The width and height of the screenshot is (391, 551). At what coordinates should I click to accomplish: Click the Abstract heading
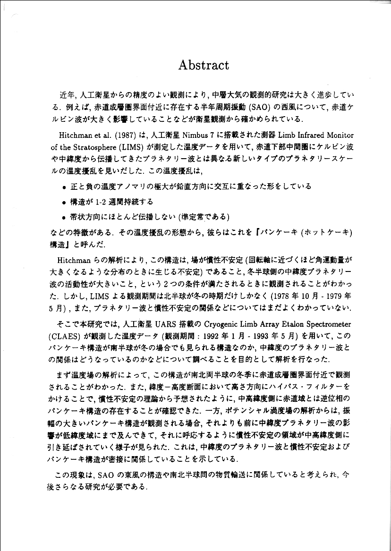204,65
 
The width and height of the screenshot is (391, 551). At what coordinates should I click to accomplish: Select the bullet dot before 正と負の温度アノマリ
63,187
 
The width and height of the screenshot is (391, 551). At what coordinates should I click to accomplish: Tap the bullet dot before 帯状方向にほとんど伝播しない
63,218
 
